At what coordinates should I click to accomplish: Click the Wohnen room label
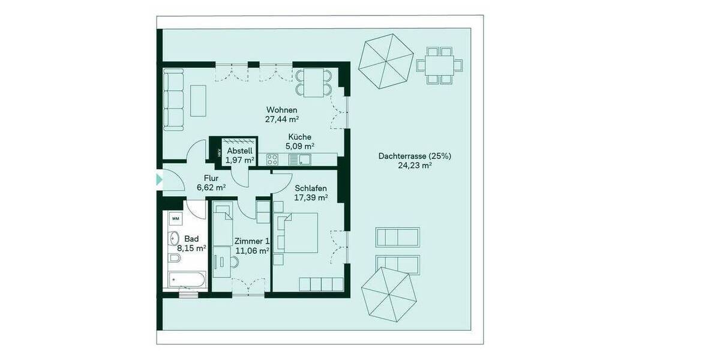(281, 110)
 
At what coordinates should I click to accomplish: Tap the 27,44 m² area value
(281, 119)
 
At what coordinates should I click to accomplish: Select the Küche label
(299, 137)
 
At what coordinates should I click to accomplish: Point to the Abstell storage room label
(239, 151)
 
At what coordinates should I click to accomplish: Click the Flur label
(211, 178)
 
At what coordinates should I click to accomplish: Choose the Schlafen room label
(310, 188)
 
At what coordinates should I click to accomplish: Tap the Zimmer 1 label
(251, 241)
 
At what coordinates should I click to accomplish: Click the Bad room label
(191, 238)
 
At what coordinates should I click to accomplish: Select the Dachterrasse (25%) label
(415, 156)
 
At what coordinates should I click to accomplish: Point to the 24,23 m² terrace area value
(415, 166)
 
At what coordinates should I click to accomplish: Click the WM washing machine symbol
(176, 219)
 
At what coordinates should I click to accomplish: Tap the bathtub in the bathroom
(187, 280)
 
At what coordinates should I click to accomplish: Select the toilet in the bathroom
(174, 258)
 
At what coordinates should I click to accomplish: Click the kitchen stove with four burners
(272, 159)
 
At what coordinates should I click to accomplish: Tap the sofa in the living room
(175, 99)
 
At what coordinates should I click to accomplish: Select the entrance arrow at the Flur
(159, 179)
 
